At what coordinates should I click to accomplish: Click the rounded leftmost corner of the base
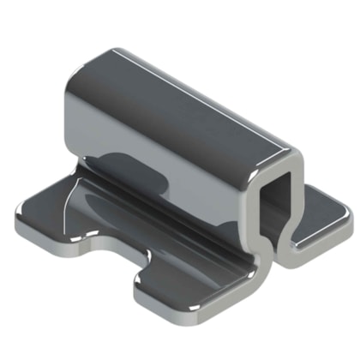pos(19,230)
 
